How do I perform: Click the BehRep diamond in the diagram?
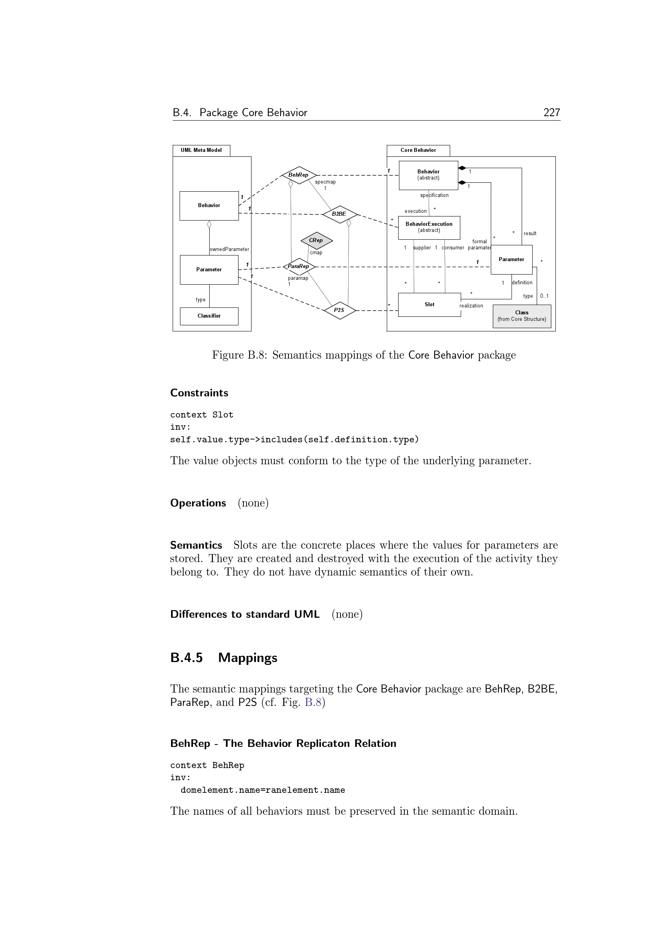click(298, 175)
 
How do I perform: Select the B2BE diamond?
click(339, 214)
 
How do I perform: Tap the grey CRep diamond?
click(316, 240)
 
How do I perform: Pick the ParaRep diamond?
click(298, 266)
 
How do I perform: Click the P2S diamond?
click(339, 310)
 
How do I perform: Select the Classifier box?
click(209, 316)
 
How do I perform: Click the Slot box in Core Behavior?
click(429, 305)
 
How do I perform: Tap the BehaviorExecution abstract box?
click(429, 227)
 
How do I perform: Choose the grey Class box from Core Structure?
click(521, 316)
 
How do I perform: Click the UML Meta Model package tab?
click(201, 150)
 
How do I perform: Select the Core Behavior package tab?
click(418, 150)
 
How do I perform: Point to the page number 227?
click(552, 113)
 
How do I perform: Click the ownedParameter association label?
click(230, 249)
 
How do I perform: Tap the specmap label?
click(325, 182)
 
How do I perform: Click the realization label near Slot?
click(471, 306)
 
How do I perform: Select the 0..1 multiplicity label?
click(544, 296)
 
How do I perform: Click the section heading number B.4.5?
click(186, 658)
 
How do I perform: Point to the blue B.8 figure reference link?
click(313, 703)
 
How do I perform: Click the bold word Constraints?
click(199, 393)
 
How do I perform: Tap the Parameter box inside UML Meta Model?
click(209, 270)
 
